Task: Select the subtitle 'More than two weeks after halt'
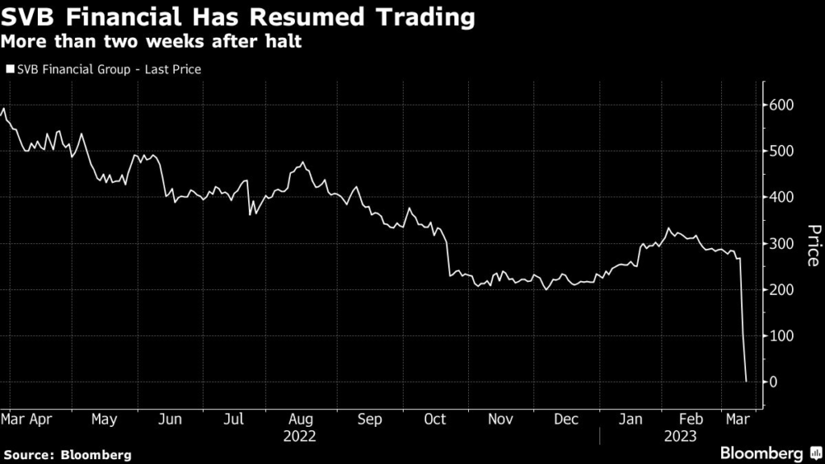coord(152,41)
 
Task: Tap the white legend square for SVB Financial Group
coord(10,69)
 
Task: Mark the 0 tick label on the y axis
coord(775,381)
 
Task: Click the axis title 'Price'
coord(812,244)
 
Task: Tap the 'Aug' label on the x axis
coord(301,420)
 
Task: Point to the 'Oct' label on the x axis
coord(435,420)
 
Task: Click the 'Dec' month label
coord(566,420)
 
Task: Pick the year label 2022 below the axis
coord(301,437)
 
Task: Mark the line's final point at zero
coord(747,381)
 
